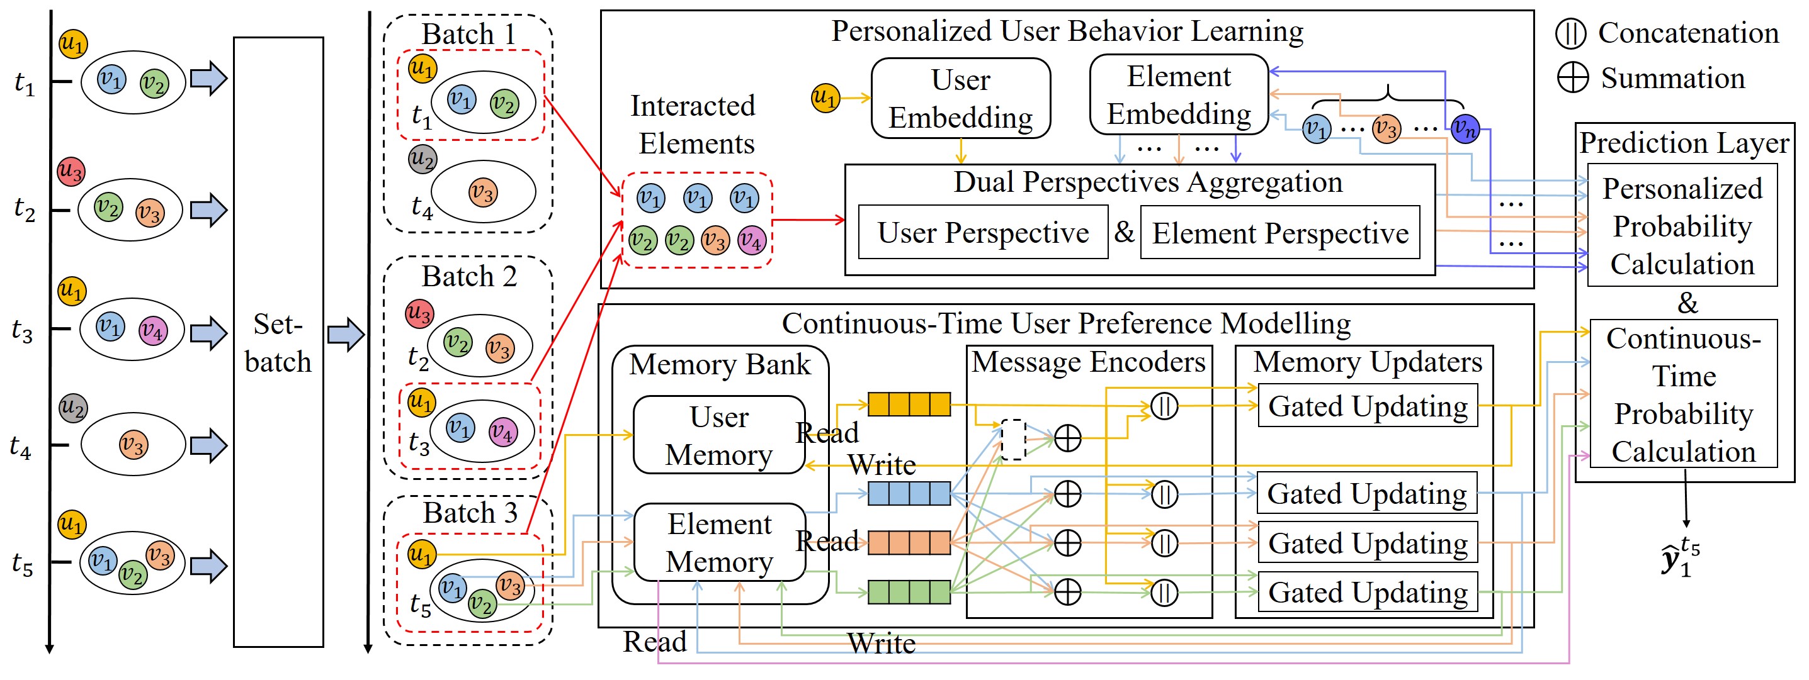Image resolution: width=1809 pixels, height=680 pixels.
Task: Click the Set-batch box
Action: pyautogui.click(x=278, y=342)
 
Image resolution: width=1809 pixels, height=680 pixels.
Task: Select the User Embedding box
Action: pyautogui.click(x=960, y=98)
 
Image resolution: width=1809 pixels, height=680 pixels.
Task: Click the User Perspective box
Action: pyautogui.click(x=982, y=232)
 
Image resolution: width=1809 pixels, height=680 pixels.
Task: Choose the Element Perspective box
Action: pyautogui.click(x=1279, y=232)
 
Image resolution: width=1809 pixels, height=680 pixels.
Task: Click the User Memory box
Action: pyautogui.click(x=718, y=435)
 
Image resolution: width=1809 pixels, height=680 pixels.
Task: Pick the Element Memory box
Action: pyautogui.click(x=719, y=542)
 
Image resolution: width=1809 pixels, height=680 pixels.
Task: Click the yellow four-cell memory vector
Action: pyautogui.click(x=909, y=404)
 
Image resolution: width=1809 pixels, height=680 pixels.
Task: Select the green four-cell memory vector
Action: pyautogui.click(x=909, y=591)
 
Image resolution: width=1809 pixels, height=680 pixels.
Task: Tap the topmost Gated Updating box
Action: pyautogui.click(x=1367, y=406)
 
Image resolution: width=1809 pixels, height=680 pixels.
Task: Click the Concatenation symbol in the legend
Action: pyautogui.click(x=1570, y=33)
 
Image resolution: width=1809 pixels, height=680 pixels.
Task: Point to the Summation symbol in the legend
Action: pyautogui.click(x=1572, y=77)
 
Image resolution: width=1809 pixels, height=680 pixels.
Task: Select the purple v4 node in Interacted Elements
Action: pyautogui.click(x=751, y=241)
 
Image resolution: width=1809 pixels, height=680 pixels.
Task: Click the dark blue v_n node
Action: pyautogui.click(x=1465, y=128)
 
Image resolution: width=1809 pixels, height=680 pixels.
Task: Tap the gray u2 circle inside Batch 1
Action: pyautogui.click(x=422, y=159)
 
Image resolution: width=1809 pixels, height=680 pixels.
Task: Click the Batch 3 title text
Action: pyautogui.click(x=470, y=512)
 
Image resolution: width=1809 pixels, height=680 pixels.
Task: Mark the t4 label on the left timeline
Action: pyautogui.click(x=20, y=447)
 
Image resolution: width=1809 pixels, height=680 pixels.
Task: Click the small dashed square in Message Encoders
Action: pyautogui.click(x=1012, y=439)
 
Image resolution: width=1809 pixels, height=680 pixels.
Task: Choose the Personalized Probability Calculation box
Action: pyautogui.click(x=1682, y=225)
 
